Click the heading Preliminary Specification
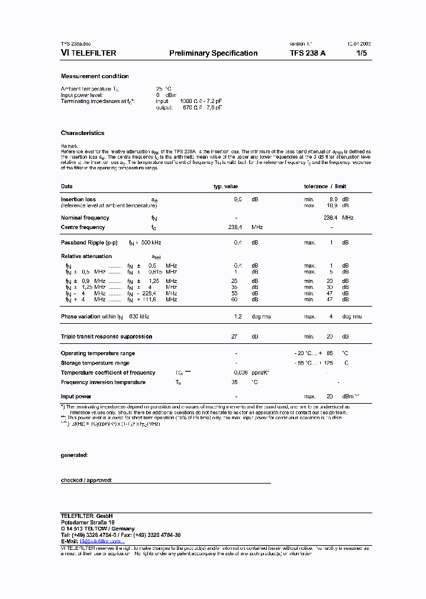213,53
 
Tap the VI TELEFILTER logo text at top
88,53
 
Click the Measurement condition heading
95,76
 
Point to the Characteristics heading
82,133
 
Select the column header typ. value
225,186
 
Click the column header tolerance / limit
325,186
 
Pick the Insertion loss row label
78,199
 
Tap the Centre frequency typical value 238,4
235,227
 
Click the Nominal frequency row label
85,218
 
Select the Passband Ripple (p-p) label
89,243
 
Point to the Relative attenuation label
86,256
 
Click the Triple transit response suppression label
106,337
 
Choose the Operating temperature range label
98,353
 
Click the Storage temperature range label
95,363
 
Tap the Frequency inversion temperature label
103,382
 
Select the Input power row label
76,397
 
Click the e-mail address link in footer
102,541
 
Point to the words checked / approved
86,480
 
